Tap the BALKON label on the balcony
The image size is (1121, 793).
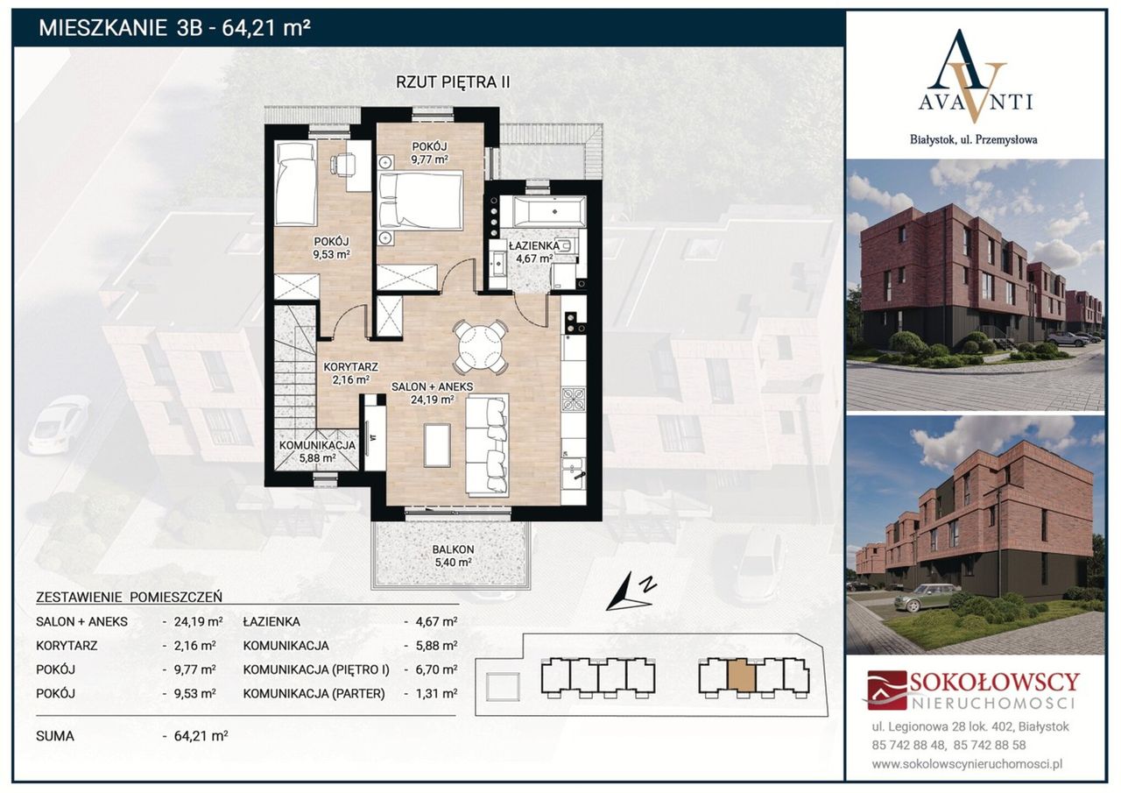(453, 549)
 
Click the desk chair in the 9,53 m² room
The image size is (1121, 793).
(343, 163)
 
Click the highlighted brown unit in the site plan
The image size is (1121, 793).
(741, 676)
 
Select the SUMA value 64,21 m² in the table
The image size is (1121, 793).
(201, 736)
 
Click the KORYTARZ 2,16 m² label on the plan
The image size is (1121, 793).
(350, 373)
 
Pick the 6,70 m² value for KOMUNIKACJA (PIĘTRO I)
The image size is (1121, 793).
(436, 669)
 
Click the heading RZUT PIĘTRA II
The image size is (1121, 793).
(453, 82)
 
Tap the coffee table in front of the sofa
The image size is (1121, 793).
(437, 445)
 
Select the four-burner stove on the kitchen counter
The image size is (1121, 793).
(573, 399)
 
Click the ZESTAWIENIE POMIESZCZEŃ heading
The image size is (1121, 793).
(129, 598)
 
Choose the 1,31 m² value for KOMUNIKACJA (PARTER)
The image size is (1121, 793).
(436, 693)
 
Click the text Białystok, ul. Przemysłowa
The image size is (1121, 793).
(973, 140)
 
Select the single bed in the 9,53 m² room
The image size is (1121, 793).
(296, 185)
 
